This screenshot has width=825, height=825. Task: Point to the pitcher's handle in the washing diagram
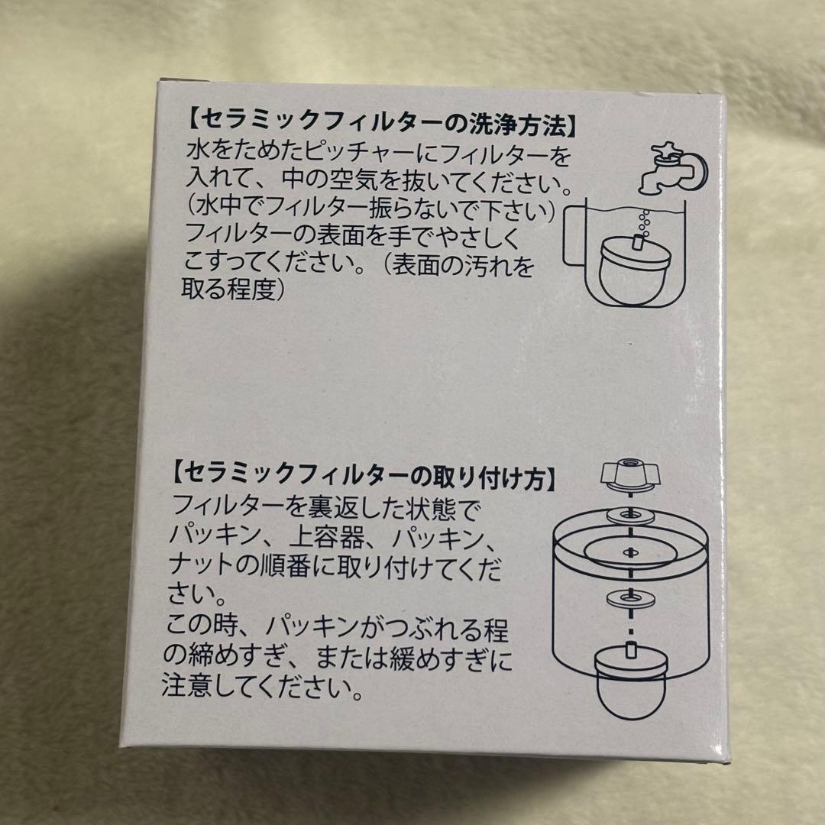573,234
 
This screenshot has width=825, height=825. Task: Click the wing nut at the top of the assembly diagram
630,474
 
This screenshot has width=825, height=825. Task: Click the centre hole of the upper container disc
631,551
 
